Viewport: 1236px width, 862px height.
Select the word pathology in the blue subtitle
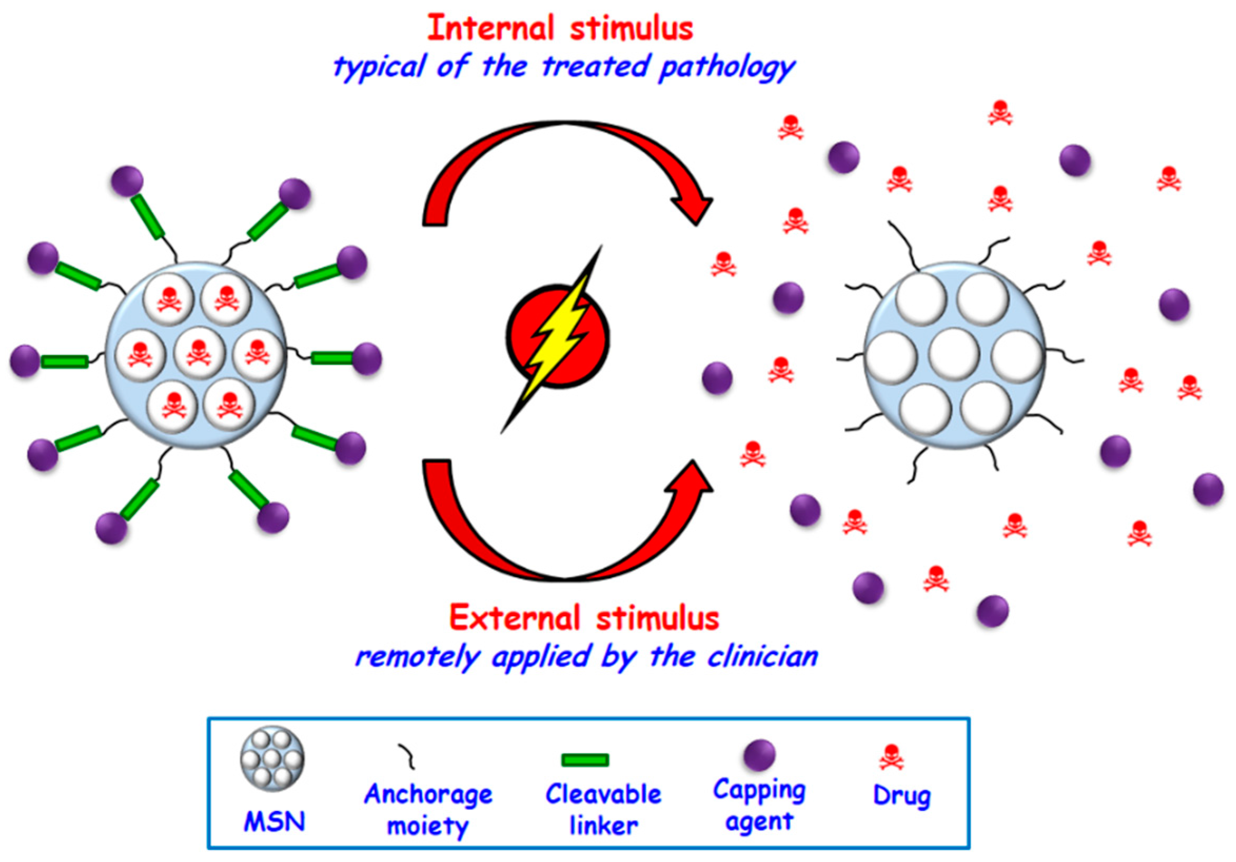pyautogui.click(x=727, y=67)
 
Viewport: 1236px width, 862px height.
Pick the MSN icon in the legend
pyautogui.click(x=272, y=759)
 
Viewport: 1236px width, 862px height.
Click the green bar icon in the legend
pyautogui.click(x=585, y=760)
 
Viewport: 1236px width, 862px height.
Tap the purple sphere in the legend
pyautogui.click(x=759, y=755)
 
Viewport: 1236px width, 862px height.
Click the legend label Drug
pyautogui.click(x=902, y=796)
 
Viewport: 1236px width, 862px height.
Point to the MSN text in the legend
pyautogui.click(x=274, y=821)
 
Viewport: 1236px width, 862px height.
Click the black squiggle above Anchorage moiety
pyautogui.click(x=407, y=756)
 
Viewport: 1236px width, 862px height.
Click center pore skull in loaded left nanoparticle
pyautogui.click(x=199, y=354)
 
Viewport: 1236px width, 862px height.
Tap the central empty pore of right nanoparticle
pyautogui.click(x=954, y=354)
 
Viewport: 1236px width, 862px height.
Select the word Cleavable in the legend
pyautogui.click(x=603, y=794)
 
